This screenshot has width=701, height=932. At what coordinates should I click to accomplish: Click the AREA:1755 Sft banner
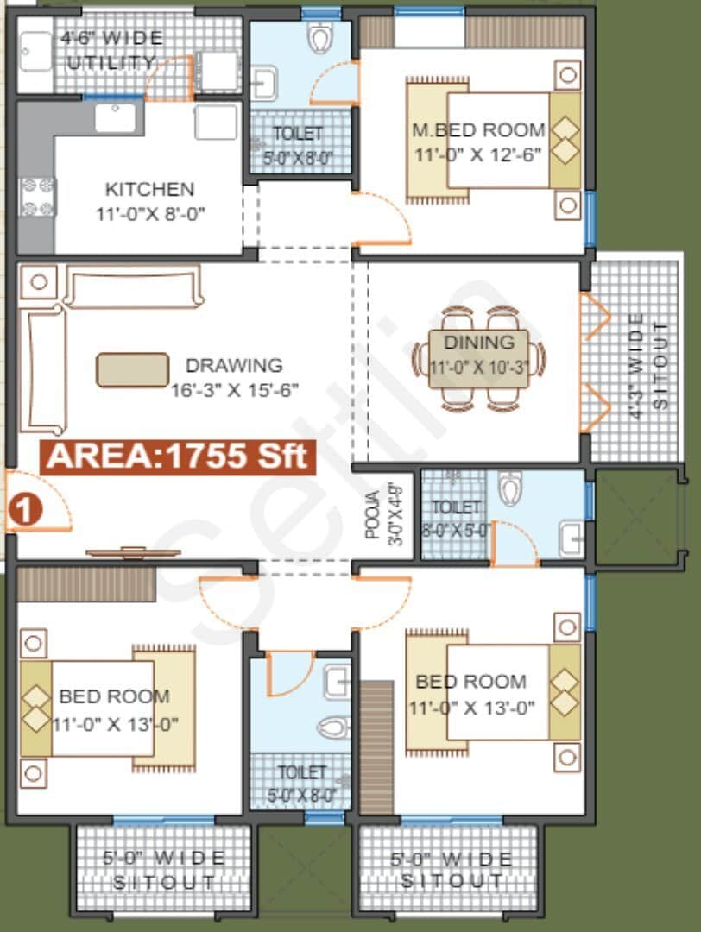coord(177,456)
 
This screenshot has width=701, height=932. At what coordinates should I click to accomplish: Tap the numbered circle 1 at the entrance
coord(25,509)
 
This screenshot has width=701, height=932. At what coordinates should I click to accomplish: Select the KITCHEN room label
coord(149,189)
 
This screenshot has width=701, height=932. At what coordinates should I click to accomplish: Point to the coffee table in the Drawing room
coord(132,369)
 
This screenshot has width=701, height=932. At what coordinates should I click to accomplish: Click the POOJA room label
coord(372,515)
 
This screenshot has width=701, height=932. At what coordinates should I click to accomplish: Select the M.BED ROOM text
coord(478,130)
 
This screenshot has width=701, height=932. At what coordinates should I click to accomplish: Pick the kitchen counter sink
coord(116,117)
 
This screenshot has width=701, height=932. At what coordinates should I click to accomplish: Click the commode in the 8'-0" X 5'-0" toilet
coord(511,489)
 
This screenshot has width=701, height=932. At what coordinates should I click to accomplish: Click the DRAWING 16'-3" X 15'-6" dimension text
coord(234,389)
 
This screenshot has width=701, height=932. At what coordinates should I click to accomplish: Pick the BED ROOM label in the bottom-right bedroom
coord(470,682)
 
